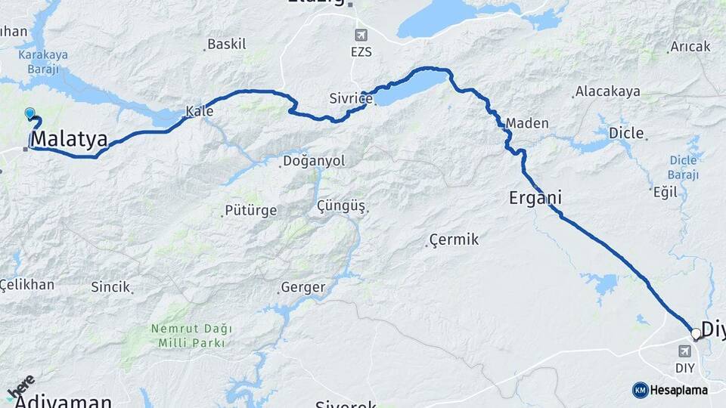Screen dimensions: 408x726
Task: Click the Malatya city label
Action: click(70, 139)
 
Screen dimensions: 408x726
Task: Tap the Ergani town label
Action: click(535, 198)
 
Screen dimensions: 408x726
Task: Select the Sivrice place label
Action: click(351, 99)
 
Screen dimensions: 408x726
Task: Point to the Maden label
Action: click(527, 123)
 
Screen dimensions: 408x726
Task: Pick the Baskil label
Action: click(226, 45)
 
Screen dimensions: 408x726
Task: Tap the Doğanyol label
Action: click(313, 161)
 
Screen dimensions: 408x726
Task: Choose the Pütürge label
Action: click(251, 211)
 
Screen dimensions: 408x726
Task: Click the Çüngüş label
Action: click(341, 206)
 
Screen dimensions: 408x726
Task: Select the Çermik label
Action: click(454, 240)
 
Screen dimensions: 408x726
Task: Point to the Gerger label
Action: click(302, 287)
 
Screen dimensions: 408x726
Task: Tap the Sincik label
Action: click(110, 287)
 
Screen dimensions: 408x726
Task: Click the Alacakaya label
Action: click(607, 92)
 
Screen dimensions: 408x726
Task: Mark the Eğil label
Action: click(665, 192)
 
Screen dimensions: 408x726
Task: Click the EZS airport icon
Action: click(361, 36)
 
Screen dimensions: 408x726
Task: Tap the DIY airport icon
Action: click(684, 351)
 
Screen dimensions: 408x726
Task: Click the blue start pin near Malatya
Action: click(29, 113)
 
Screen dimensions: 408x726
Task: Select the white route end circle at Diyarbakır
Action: click(696, 332)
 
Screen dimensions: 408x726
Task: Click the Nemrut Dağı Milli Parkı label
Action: click(191, 335)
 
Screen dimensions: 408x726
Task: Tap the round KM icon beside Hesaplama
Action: click(640, 390)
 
